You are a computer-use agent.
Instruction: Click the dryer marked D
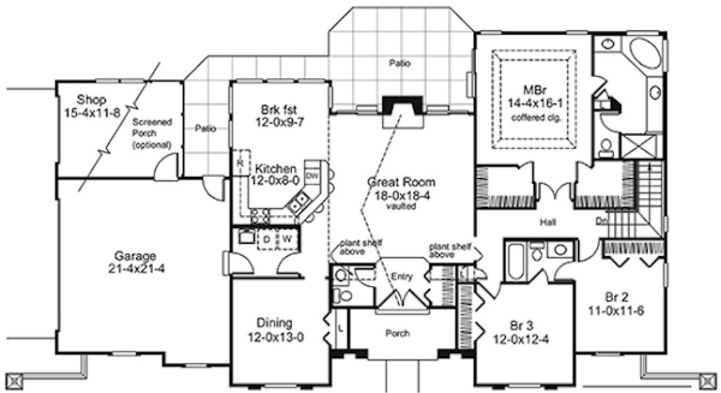point(267,239)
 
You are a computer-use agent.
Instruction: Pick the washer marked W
point(286,239)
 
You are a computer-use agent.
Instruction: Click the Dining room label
point(274,323)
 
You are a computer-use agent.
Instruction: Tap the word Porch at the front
point(397,334)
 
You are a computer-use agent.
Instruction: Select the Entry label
point(403,276)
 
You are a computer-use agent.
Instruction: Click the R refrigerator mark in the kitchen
point(241,163)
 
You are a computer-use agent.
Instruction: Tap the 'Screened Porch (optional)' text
point(152,133)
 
